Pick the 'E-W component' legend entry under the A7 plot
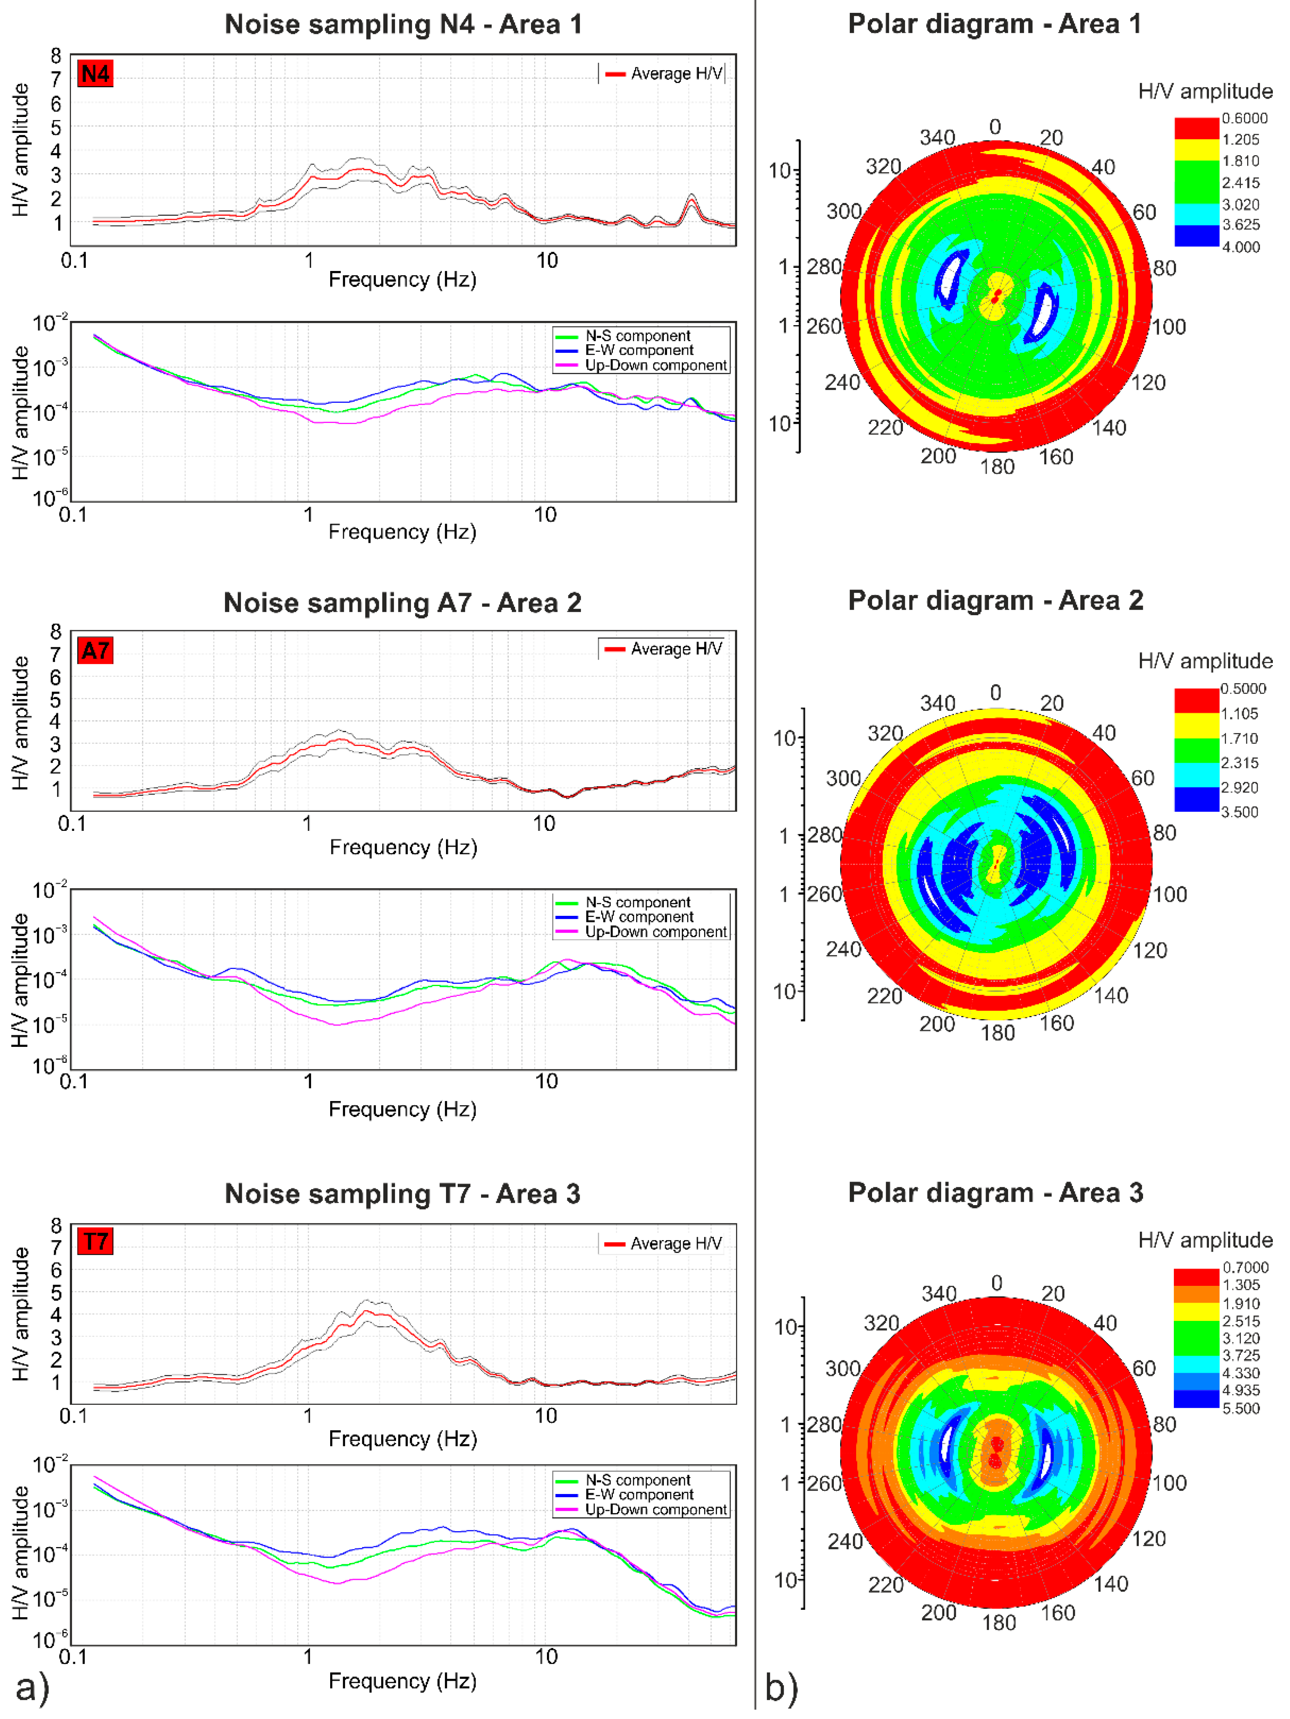(x=639, y=917)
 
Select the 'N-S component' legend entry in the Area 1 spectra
(x=637, y=336)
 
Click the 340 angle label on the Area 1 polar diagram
(x=937, y=138)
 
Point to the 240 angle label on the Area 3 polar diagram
(x=845, y=1541)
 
